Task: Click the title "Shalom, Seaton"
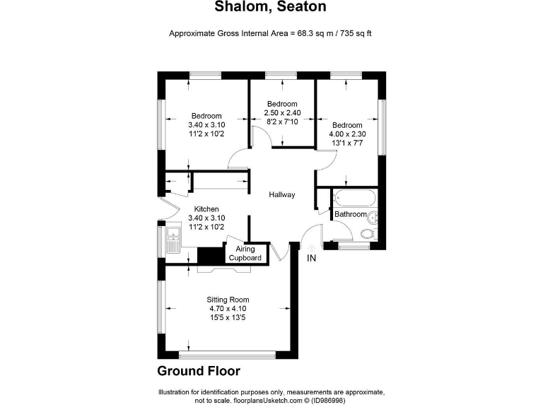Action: point(271,7)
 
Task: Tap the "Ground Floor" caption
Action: point(199,371)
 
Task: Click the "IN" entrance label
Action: point(311,258)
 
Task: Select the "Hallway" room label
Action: point(281,195)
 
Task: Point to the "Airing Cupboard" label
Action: point(245,254)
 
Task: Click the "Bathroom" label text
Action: point(351,214)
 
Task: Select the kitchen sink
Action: point(173,237)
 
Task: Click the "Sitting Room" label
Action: point(227,299)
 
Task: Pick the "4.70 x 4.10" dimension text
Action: point(227,308)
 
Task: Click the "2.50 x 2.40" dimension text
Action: point(282,112)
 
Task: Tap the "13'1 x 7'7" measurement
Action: point(347,143)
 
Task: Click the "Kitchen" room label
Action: point(206,209)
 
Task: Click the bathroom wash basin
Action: point(375,217)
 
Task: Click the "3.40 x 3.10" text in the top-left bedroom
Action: point(206,125)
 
